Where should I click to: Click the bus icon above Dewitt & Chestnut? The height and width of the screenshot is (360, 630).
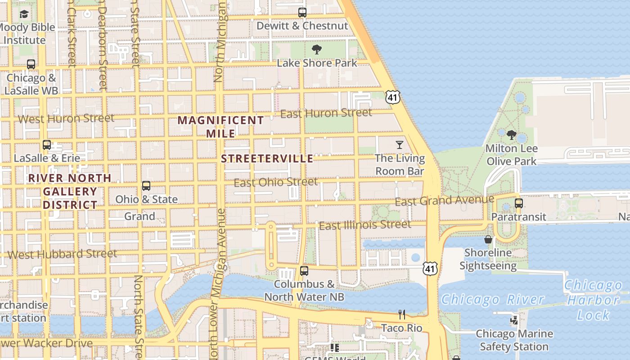[302, 13]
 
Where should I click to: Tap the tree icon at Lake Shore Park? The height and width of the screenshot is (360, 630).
[317, 49]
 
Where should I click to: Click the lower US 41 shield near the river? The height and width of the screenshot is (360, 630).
[430, 269]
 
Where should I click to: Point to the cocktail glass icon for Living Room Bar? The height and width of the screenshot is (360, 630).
[399, 145]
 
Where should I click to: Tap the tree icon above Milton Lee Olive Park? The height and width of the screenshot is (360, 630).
[511, 135]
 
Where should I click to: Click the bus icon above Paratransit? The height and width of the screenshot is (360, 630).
[519, 203]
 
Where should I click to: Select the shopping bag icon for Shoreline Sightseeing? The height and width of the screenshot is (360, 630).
[488, 239]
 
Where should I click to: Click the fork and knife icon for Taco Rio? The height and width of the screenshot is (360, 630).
[402, 315]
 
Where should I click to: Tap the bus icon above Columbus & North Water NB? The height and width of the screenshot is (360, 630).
[304, 271]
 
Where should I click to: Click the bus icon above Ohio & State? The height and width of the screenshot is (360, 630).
[146, 186]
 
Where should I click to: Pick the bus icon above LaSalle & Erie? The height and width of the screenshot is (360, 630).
[47, 145]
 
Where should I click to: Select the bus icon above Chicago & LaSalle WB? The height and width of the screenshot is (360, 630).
[31, 64]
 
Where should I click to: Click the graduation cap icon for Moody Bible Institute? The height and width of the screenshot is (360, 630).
[24, 14]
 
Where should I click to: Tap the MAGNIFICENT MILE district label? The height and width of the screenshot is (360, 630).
[220, 127]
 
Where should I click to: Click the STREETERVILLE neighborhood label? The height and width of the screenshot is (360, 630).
[267, 159]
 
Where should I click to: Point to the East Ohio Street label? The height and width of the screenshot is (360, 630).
[276, 182]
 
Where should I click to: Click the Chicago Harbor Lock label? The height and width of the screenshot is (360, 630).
[593, 300]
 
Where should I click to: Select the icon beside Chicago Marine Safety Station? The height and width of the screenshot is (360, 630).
[514, 320]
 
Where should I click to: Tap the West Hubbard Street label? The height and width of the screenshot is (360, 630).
[62, 254]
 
